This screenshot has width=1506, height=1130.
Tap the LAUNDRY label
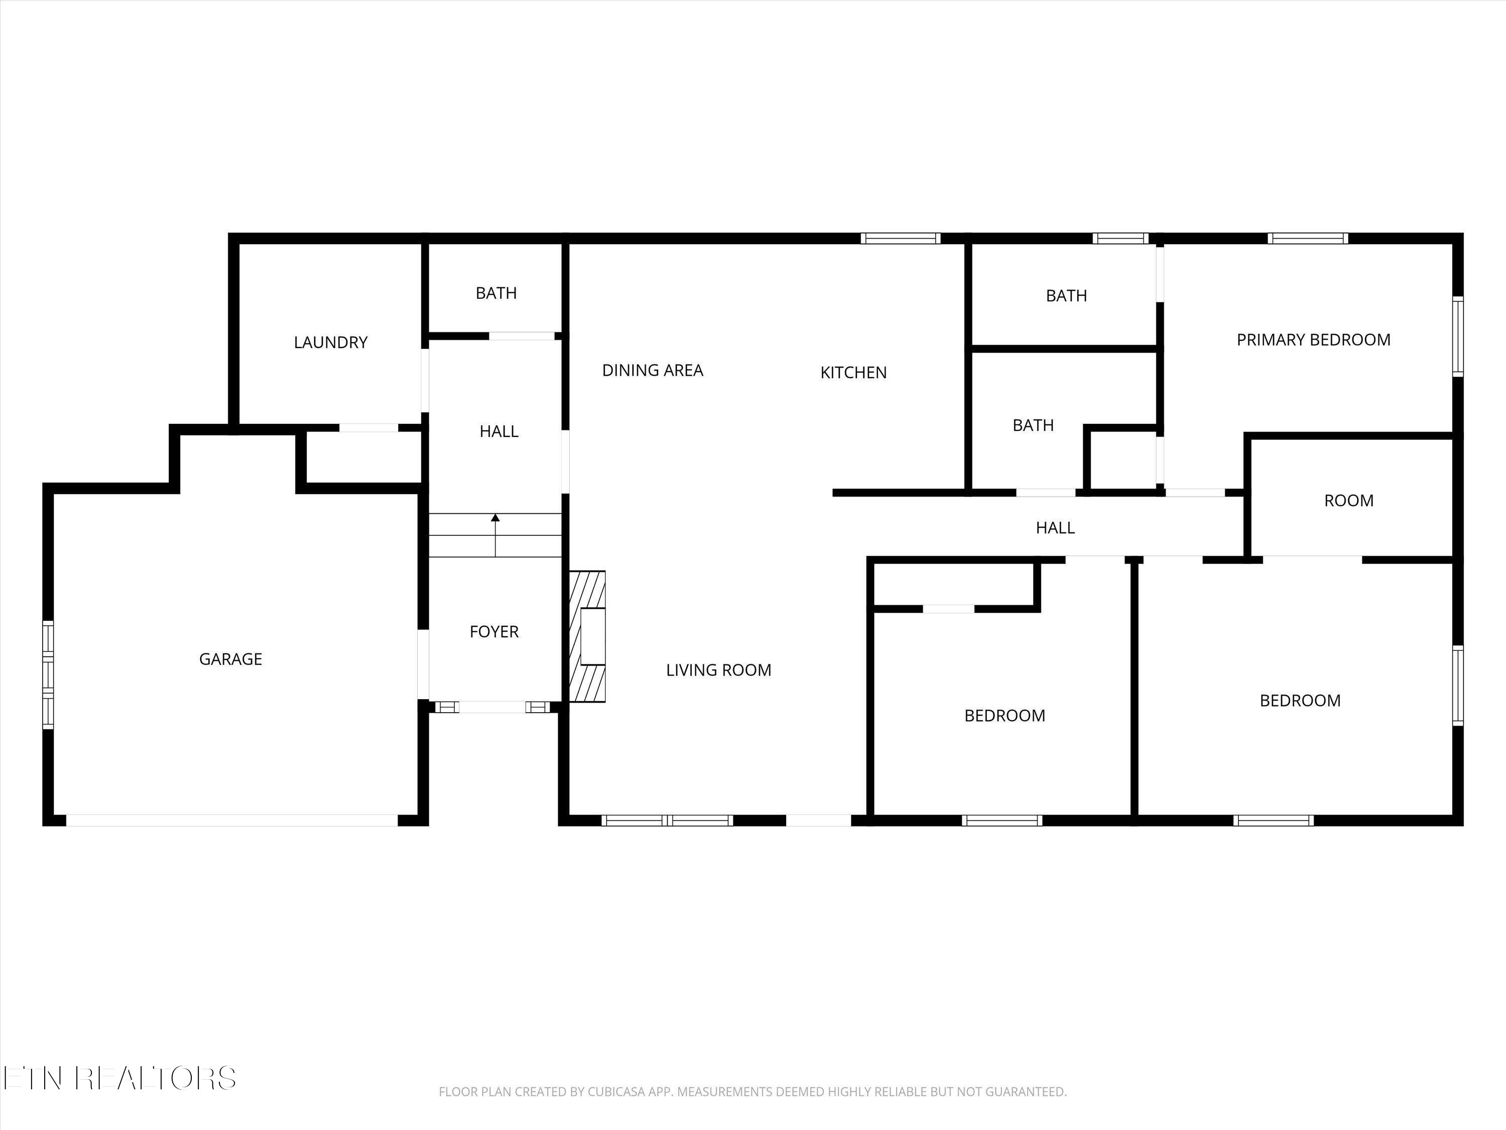[x=330, y=342]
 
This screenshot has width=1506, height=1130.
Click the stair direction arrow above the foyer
[x=495, y=535]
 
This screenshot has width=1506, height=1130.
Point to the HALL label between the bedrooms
[x=1055, y=527]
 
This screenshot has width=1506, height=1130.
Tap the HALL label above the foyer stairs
[x=498, y=431]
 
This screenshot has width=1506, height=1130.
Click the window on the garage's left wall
[x=48, y=674]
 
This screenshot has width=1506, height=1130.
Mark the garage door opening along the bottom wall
[x=231, y=821]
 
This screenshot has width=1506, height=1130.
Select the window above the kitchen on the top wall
[x=900, y=239]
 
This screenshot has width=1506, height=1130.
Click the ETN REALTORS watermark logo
[x=119, y=1078]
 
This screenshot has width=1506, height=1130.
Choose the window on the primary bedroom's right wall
[x=1458, y=336]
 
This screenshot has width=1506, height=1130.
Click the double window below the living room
[x=667, y=820]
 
